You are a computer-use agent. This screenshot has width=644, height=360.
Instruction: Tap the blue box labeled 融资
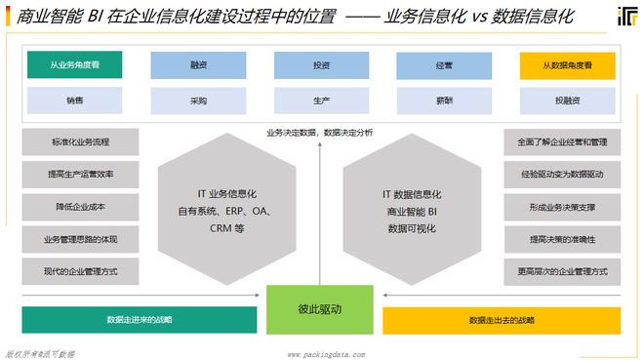click(x=198, y=65)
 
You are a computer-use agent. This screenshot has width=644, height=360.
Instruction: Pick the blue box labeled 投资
click(x=321, y=65)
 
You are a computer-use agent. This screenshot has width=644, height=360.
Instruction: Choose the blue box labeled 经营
click(x=444, y=65)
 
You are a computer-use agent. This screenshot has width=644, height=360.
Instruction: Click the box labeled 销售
click(x=75, y=100)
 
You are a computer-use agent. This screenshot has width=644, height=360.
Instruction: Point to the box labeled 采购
click(x=198, y=100)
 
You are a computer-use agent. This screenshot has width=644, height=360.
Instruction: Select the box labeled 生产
click(x=321, y=100)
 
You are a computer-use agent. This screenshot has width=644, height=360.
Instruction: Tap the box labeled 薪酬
click(x=444, y=100)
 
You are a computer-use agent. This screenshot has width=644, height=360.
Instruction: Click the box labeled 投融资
click(x=567, y=100)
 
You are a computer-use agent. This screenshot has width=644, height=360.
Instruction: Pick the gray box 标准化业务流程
click(x=80, y=142)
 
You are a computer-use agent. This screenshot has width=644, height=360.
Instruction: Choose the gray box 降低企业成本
click(x=80, y=207)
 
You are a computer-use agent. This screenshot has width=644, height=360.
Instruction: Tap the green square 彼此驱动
click(x=321, y=309)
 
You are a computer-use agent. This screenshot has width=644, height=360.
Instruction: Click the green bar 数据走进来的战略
click(x=140, y=320)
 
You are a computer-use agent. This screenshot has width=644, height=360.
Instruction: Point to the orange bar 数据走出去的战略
click(x=502, y=320)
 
